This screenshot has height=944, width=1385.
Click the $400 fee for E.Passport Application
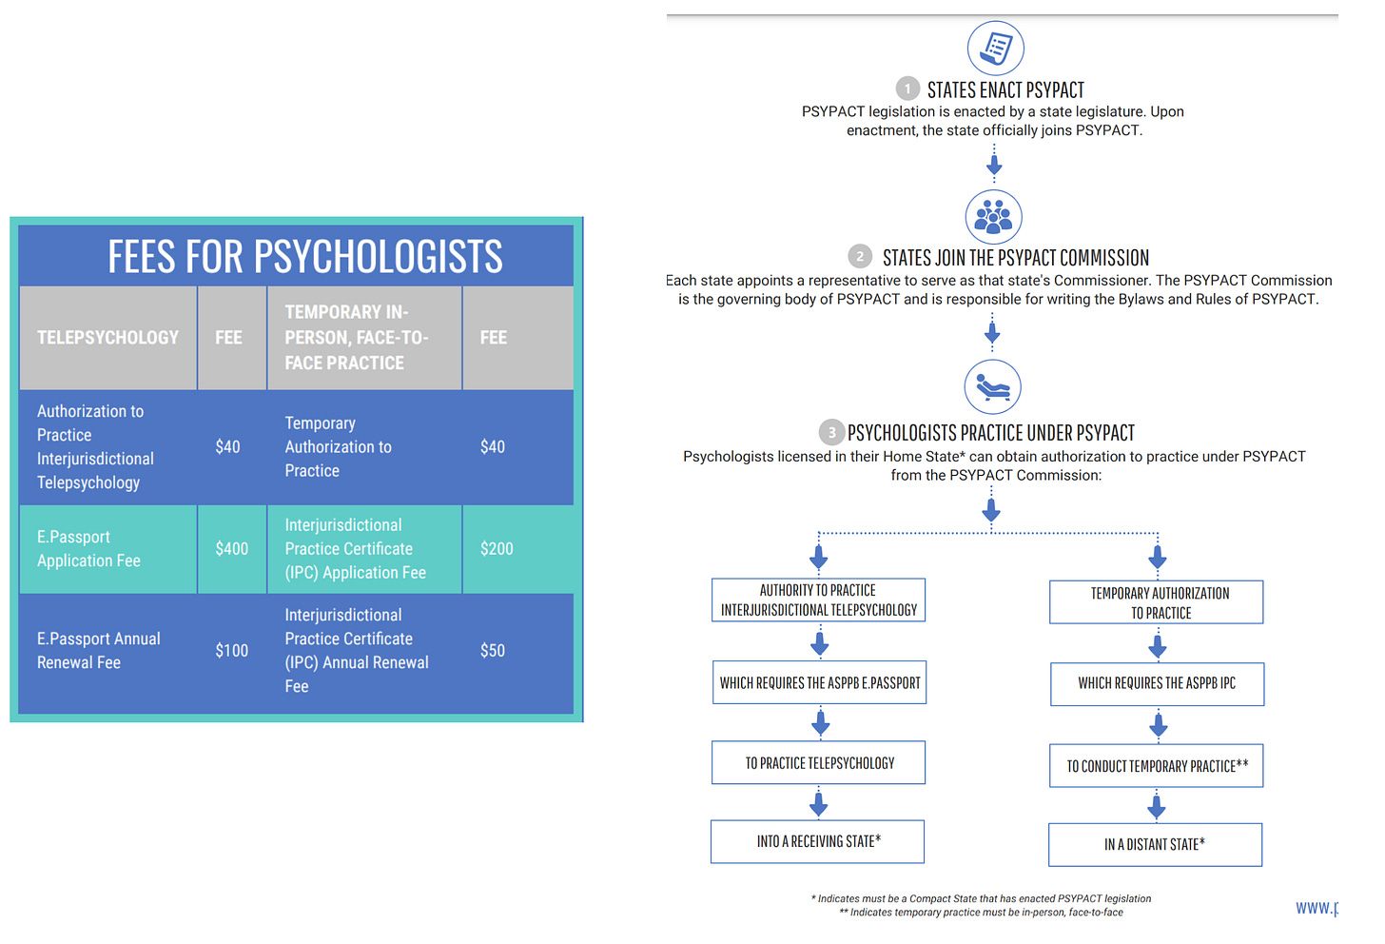pos(231,549)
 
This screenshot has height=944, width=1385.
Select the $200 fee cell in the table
pos(497,549)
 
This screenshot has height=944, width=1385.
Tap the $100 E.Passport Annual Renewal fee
pos(231,651)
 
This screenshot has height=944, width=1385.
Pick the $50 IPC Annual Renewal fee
pos(493,651)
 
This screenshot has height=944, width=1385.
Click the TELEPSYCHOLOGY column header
pos(107,338)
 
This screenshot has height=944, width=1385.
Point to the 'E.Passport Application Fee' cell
pos(88,549)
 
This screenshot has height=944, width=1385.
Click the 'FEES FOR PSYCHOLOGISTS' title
pos(304,257)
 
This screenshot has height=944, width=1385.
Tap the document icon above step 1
pos(995,48)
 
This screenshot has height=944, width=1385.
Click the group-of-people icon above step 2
pos(993,216)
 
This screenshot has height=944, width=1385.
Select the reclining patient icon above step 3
pos(992,387)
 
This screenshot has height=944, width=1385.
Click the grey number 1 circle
pos(907,89)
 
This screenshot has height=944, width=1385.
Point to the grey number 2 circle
pos(860,257)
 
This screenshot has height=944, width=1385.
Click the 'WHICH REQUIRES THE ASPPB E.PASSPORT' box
pos(819,682)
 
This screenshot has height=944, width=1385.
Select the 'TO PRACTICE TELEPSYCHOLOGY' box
pos(819,762)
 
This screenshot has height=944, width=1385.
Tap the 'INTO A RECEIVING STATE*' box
pos(818,841)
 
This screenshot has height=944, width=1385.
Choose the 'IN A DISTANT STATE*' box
pos(1155,844)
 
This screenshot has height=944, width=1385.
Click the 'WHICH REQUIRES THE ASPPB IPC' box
pos(1157,683)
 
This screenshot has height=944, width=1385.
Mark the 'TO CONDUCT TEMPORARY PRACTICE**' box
pos(1157,766)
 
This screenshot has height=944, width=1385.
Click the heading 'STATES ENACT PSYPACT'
pos(1005,90)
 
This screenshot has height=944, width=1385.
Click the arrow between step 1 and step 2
pos(994,166)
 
